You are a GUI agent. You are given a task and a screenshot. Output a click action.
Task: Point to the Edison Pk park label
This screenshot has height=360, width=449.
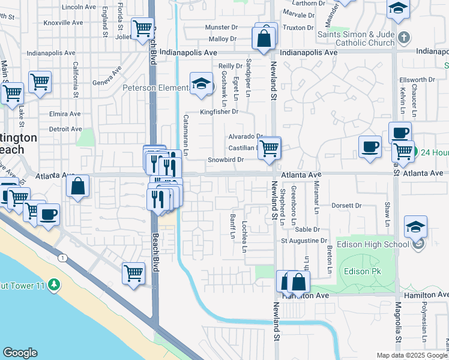point(360,271)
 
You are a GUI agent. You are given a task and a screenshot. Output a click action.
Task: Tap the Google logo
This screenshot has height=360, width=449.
point(20,353)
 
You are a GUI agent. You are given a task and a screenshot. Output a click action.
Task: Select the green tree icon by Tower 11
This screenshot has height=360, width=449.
point(55,283)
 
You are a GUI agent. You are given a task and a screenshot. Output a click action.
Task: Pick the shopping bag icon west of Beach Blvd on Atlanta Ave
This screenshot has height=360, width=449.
point(78,187)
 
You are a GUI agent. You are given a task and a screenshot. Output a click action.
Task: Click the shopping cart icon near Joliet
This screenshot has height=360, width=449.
point(143,28)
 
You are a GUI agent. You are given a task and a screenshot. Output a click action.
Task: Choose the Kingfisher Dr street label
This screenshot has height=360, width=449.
point(219,112)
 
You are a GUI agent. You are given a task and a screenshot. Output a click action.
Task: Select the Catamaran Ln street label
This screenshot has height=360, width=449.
point(185,135)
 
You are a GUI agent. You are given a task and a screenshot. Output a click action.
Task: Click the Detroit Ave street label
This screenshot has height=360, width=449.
point(65,129)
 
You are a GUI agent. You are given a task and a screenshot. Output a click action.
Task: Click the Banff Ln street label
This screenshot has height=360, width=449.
point(232,225)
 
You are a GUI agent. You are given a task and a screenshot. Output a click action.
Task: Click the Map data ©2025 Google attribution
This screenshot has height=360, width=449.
point(411,355)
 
